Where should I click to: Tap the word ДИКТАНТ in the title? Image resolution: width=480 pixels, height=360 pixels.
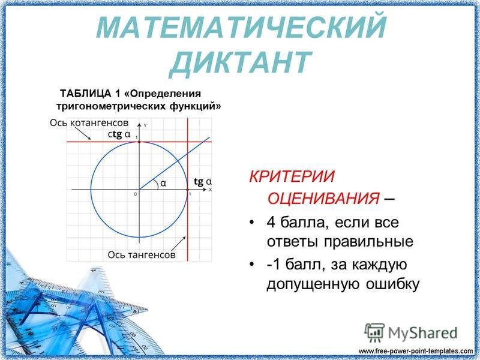tap(240, 61)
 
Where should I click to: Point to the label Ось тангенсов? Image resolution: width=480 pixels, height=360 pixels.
tap(142, 254)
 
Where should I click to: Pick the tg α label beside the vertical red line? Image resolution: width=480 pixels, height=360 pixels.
tap(203, 181)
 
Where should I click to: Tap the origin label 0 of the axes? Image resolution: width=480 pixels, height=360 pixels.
tap(135, 194)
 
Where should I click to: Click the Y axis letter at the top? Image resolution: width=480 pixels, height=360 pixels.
tap(145, 125)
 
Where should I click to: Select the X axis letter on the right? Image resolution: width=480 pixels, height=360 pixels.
tap(210, 189)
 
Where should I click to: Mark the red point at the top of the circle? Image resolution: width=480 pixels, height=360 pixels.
tap(139, 142)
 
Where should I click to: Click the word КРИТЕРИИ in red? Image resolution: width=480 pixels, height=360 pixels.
tap(284, 178)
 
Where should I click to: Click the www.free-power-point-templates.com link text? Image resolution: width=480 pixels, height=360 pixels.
tap(416, 350)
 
